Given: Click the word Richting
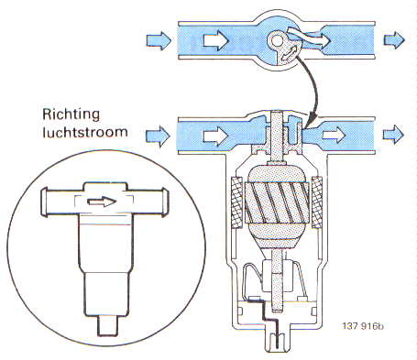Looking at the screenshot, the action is (x=71, y=115).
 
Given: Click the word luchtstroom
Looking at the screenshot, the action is (x=85, y=132).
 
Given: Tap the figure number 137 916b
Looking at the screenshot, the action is (x=363, y=326).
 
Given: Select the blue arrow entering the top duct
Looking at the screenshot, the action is (x=159, y=40).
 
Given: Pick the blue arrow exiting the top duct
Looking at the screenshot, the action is (x=394, y=40).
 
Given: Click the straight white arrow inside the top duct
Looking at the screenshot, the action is (x=215, y=40).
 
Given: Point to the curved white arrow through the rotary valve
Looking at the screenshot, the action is (x=309, y=38).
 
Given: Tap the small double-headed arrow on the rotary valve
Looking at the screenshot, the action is (x=289, y=53).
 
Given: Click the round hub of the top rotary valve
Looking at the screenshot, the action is (x=278, y=39).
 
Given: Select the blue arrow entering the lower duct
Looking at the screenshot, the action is (x=158, y=136).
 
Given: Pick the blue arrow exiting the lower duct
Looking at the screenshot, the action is (x=393, y=135).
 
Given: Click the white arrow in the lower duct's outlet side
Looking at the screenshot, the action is (x=334, y=135).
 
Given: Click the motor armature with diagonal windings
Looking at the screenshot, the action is (x=277, y=203).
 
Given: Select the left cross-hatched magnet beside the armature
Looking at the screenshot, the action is (x=237, y=202).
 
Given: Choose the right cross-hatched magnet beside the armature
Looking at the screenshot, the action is (x=316, y=202).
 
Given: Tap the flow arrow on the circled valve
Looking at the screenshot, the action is (x=102, y=202).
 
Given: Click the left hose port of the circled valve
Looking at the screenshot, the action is (x=61, y=202).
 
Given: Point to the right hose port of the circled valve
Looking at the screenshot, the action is (x=148, y=202).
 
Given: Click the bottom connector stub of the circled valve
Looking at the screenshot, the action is (x=107, y=326).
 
